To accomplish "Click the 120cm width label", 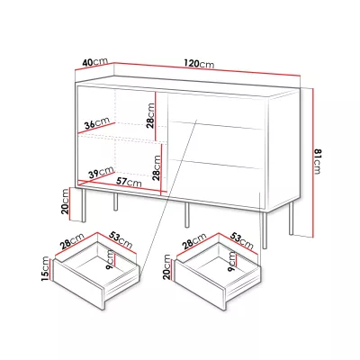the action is point(199,64).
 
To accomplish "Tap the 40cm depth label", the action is point(95,62).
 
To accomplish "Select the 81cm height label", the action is point(318,161).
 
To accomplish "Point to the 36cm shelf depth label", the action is point(97,123).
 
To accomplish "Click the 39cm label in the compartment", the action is point(101,173).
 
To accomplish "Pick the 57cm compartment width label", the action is point(129,181).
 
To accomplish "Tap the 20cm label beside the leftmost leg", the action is point(65,202).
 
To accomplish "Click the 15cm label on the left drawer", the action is point(45,268).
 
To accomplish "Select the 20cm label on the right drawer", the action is point(167,267).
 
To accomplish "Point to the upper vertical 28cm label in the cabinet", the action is point(150,115).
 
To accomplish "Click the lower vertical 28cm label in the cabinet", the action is point(157,167).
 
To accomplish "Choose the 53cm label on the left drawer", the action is point(120,239).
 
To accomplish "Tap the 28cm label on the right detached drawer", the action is point(194,241).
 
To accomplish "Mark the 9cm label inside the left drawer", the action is point(111,260).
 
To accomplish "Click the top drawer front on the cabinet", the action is point(216,109).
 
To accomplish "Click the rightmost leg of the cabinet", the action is point(291,218).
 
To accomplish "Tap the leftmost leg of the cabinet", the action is point(84,205).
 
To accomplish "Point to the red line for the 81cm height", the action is point(312,162).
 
